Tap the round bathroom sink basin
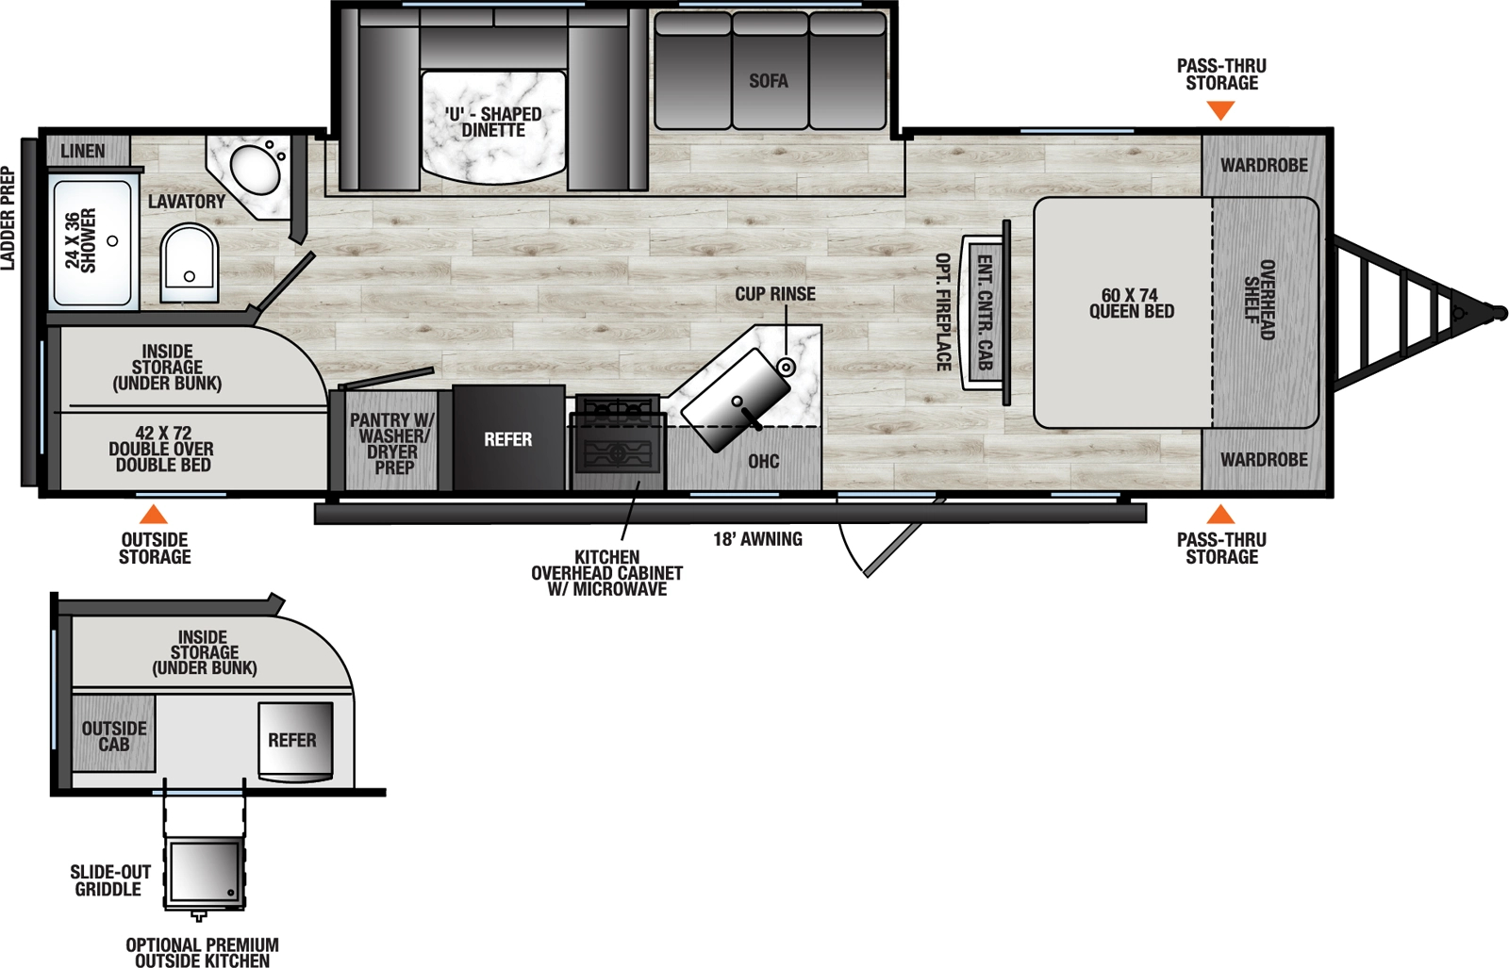tap(255, 170)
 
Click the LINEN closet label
tap(83, 151)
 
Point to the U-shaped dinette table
tap(493, 127)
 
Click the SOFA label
tap(769, 82)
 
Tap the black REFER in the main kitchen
tap(508, 439)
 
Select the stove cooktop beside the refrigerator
tap(618, 443)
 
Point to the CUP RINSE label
tap(775, 294)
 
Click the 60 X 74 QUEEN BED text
tap(1131, 304)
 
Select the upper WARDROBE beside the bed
tap(1264, 166)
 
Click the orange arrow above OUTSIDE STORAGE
tap(153, 515)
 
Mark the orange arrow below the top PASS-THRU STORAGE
tap(1221, 110)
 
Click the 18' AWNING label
tap(757, 539)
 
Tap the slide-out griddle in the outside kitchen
tap(205, 873)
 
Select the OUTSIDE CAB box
tap(114, 736)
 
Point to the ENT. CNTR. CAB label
tap(985, 312)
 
